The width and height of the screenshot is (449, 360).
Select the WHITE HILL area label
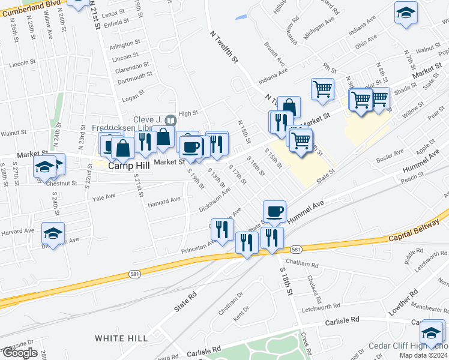click(121, 338)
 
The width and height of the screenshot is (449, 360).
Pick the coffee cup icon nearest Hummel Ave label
click(274, 211)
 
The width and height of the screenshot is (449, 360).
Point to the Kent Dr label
click(241, 312)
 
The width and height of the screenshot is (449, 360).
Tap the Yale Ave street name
click(103, 196)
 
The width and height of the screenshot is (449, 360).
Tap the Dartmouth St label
click(131, 76)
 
